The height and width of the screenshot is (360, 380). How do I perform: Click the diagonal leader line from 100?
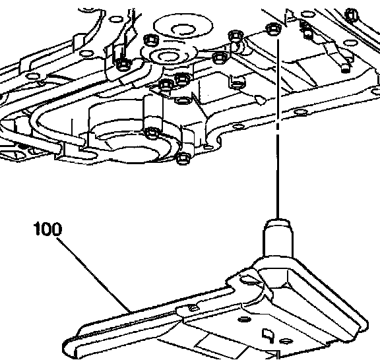94,275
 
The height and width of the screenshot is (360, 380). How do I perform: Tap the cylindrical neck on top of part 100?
278,238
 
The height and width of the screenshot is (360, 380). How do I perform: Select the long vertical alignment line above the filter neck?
278,129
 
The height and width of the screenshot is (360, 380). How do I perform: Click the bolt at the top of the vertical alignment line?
274,29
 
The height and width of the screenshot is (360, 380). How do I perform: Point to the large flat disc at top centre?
183,26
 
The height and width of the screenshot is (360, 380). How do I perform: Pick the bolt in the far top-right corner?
352,14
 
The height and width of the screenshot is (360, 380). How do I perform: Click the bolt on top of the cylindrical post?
152,133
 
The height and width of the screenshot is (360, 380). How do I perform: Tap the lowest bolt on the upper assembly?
183,158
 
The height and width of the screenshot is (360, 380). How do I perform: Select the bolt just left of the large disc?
151,40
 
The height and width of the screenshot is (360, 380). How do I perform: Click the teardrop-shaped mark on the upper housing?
261,100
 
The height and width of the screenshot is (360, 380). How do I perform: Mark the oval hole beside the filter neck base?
249,280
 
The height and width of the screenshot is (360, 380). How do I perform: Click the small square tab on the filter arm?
193,308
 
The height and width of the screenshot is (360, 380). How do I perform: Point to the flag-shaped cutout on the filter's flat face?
268,336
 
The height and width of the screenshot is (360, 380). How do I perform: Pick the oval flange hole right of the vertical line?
301,112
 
